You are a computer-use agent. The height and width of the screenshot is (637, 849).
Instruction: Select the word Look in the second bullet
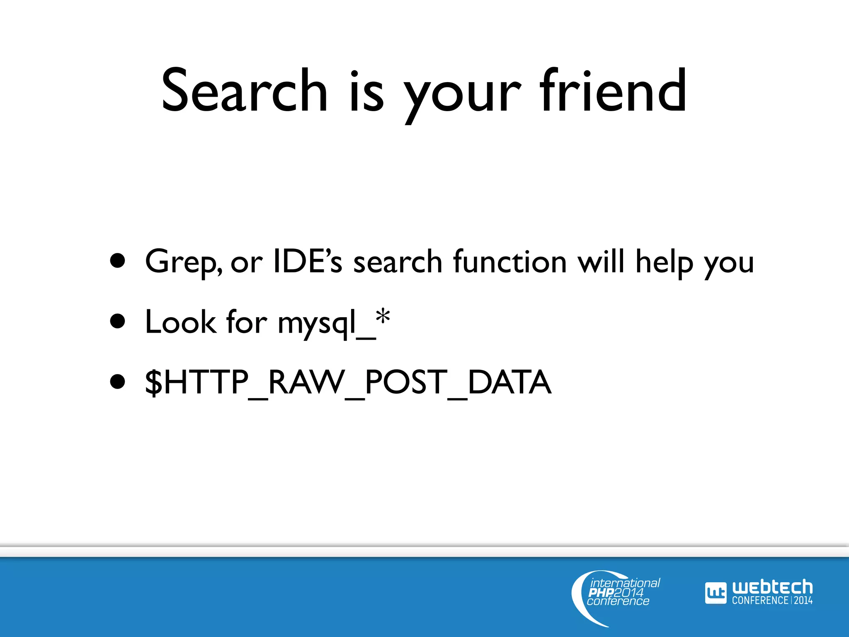(180, 322)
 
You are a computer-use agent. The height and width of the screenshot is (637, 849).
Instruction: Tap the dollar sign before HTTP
(154, 382)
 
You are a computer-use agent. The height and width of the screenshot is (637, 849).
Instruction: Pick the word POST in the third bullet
(406, 382)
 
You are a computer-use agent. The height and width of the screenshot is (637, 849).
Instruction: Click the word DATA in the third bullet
(509, 382)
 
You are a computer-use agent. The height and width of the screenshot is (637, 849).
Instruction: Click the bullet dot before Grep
(118, 261)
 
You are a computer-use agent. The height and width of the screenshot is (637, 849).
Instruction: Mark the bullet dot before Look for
(118, 321)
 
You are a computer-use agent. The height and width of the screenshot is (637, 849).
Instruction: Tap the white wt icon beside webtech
(716, 593)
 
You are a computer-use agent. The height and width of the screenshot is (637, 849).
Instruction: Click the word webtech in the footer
(772, 587)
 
